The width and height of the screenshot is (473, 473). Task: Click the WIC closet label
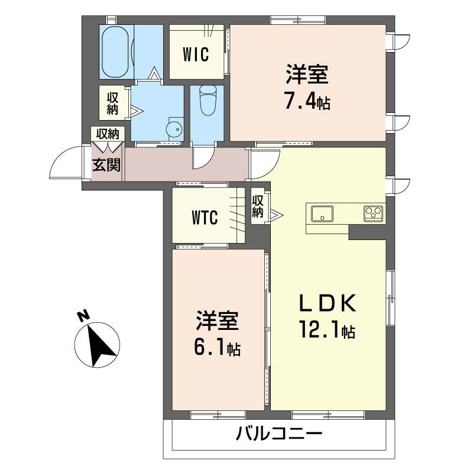pos(196,54)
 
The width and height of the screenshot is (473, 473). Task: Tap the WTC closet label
pos(205,218)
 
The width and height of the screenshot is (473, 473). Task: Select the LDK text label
pos(328,303)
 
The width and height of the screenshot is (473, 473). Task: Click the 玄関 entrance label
pos(106,166)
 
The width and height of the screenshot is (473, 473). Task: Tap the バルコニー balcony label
pos(279,435)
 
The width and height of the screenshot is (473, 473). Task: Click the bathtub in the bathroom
pos(116,52)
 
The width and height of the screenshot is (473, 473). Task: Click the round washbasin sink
pos(174,129)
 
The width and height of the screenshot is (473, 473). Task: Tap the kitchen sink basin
pos(322,213)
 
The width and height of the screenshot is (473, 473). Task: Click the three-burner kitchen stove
pos(374,213)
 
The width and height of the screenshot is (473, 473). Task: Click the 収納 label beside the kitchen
pos(257,206)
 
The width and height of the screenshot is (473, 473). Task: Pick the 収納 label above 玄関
pos(108,134)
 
